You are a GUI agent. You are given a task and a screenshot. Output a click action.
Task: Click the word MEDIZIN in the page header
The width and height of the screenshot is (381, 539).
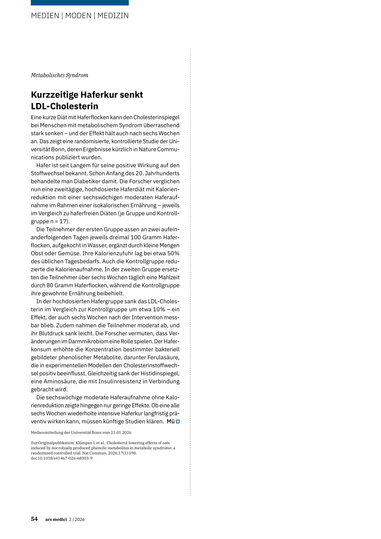click(x=113, y=16)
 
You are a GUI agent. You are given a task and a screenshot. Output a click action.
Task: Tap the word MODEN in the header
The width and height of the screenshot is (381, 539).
click(x=78, y=16)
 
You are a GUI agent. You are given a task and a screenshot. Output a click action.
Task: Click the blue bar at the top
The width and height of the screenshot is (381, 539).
click(x=80, y=3)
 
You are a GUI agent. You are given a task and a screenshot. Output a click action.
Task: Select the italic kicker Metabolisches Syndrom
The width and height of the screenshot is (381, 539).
click(x=60, y=75)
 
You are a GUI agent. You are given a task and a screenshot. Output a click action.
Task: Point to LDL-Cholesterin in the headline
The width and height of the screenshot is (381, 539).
click(x=64, y=106)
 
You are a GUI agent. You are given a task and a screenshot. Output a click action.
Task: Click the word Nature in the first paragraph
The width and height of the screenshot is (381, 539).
click(x=146, y=149)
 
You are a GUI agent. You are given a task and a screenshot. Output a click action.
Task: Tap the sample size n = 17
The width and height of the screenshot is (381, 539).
click(x=59, y=221)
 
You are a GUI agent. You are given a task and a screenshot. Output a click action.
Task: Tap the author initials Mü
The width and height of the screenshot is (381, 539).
click(x=170, y=421)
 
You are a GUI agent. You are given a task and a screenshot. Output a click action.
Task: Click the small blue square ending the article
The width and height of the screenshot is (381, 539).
click(x=178, y=421)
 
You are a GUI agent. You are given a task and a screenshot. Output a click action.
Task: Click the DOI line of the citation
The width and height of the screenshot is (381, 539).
click(x=61, y=458)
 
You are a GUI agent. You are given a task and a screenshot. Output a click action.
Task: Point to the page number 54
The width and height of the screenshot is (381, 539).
click(x=34, y=519)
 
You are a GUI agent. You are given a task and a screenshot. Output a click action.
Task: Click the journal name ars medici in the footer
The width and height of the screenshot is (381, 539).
click(x=56, y=519)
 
